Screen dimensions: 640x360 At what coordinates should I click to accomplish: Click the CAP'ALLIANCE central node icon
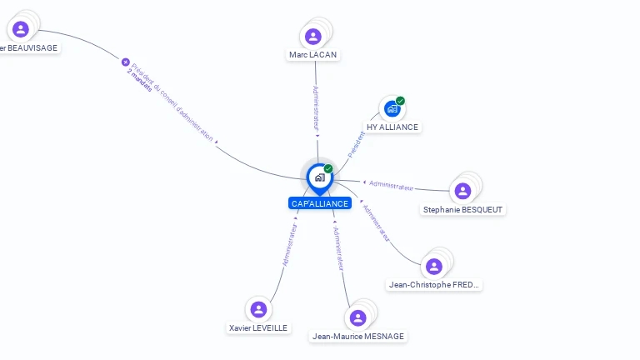(x=319, y=177)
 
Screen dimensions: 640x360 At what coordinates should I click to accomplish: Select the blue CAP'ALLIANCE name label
(x=319, y=203)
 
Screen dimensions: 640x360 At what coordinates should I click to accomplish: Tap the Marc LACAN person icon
(x=313, y=36)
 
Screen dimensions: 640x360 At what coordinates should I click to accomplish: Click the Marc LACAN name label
(x=313, y=55)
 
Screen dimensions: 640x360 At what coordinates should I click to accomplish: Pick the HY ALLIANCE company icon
(x=392, y=108)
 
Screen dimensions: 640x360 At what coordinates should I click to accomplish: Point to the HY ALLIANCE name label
(x=392, y=127)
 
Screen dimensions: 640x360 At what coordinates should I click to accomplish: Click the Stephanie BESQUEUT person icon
(x=462, y=191)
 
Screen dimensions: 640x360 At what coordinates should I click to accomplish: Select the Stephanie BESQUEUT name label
(x=462, y=209)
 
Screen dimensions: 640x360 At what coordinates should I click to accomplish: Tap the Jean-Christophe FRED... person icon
(x=433, y=267)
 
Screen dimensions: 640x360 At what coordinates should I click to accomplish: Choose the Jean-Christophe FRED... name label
(x=434, y=284)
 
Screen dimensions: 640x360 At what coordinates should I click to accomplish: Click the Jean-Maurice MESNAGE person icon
(x=357, y=317)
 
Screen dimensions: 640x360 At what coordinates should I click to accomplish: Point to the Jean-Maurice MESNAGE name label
(x=357, y=336)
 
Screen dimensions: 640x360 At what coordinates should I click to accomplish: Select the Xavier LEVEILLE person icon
(x=258, y=309)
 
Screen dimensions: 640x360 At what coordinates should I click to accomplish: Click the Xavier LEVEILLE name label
(x=258, y=328)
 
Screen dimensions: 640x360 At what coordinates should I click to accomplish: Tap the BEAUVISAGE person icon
(x=21, y=29)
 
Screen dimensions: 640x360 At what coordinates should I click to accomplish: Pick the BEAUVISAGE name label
(x=27, y=48)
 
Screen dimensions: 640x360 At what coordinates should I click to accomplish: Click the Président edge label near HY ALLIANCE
(x=356, y=144)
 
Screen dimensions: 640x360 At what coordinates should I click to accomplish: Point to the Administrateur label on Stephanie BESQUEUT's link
(x=392, y=185)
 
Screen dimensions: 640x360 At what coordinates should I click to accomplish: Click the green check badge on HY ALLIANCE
(x=400, y=101)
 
